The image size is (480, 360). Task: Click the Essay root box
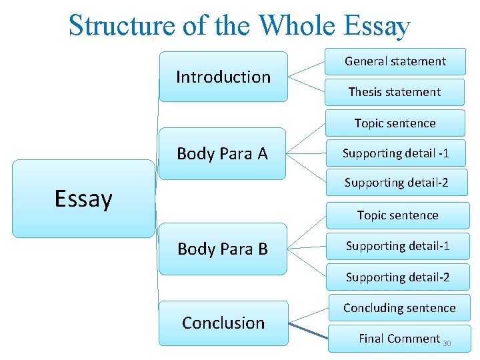83,199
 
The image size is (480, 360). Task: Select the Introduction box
223,77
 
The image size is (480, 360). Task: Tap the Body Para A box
222,154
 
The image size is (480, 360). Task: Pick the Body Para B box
223,249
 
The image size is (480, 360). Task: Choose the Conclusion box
223,323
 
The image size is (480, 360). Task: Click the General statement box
395,61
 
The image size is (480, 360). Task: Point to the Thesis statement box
395,92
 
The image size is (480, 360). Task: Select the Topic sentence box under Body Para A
395,123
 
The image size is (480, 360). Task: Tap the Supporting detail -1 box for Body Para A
395,153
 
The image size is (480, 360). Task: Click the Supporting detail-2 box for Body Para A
396,183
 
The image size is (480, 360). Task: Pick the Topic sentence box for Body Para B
397,215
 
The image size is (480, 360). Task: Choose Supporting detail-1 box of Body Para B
397,246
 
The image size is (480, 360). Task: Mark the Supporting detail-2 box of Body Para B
397,277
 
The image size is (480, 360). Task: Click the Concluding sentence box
399,308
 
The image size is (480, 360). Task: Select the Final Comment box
399,339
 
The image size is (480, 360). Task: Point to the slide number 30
447,343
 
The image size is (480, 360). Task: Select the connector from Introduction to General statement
307,69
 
